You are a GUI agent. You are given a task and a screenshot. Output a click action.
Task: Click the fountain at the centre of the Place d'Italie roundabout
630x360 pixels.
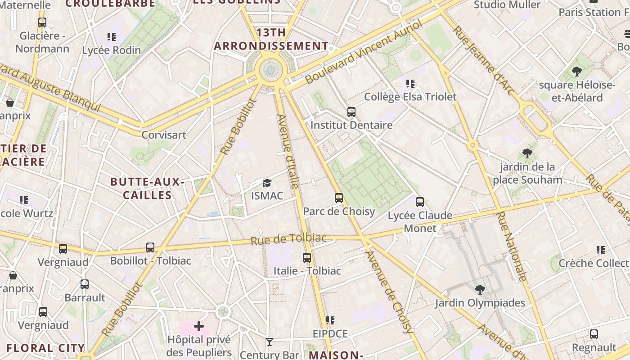(x=271, y=70)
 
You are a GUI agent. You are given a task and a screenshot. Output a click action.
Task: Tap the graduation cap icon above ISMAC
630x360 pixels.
(x=267, y=183)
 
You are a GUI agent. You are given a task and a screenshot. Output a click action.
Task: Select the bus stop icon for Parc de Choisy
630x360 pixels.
(x=339, y=198)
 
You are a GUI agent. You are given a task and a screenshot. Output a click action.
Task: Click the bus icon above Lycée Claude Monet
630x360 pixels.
(x=420, y=202)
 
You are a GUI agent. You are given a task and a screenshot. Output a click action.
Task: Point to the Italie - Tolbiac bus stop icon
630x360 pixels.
(x=307, y=258)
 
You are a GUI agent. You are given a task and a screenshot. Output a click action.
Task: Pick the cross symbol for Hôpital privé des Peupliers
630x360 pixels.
(x=198, y=326)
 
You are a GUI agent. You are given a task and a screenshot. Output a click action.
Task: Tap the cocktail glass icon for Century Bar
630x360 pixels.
(x=269, y=342)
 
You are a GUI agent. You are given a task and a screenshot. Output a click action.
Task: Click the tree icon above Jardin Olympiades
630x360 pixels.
(x=480, y=289)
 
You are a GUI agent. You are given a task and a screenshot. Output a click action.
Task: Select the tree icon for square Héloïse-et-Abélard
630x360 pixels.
(x=576, y=71)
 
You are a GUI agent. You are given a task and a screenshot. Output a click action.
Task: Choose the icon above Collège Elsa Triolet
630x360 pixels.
(x=410, y=83)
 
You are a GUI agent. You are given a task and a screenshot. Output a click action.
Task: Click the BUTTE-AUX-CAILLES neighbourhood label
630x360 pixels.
(x=147, y=189)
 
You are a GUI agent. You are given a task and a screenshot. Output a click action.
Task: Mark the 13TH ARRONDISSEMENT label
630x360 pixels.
(x=271, y=39)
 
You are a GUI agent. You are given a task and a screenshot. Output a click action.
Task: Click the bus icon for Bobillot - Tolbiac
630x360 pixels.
(x=150, y=247)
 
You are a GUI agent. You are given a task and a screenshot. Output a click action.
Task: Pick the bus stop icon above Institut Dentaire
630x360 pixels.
(x=351, y=112)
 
